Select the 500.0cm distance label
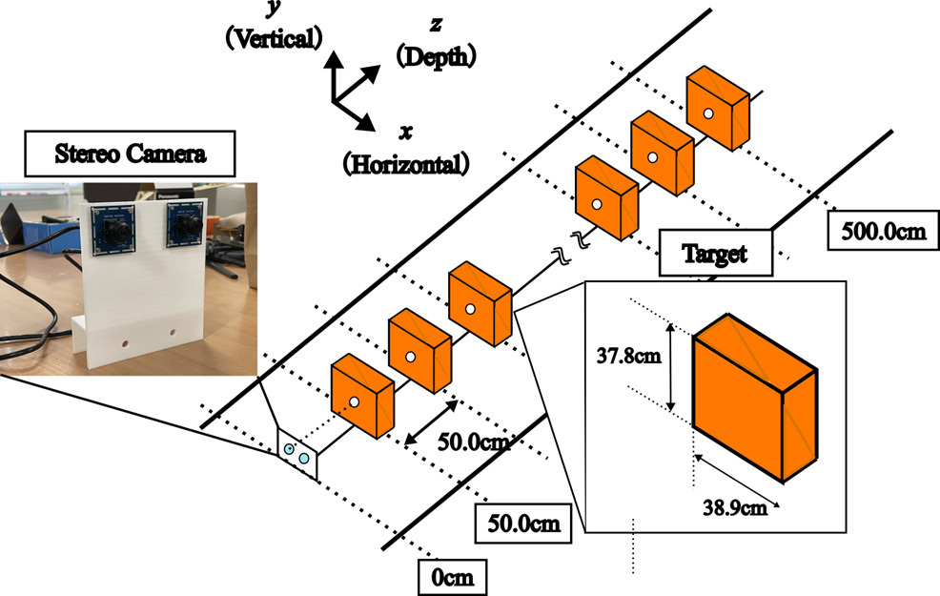point(882,231)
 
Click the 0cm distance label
point(453,577)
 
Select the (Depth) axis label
point(437,57)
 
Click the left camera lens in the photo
point(112,229)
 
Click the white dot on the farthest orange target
point(708,115)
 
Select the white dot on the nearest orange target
point(353,405)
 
